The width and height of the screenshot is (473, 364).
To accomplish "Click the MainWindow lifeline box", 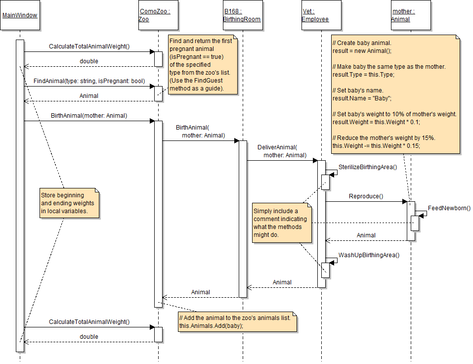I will coord(20,16).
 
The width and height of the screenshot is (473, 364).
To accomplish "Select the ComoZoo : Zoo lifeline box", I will coord(158,16).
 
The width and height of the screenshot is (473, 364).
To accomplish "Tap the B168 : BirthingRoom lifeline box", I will coord(242,16).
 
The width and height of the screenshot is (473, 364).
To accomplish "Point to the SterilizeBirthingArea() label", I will coord(368,167).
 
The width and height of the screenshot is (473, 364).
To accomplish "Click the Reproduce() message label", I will coord(366,196).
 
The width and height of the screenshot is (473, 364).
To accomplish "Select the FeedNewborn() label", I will coord(449,208).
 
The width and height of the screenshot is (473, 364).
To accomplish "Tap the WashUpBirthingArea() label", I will coord(369,255).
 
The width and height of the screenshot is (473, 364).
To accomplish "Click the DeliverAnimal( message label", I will coord(277,147).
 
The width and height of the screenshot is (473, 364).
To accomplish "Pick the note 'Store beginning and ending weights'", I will coord(69,203).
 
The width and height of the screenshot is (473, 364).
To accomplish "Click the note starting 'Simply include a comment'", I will coord(282,223).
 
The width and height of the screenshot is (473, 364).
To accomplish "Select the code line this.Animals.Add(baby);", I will coord(212,326).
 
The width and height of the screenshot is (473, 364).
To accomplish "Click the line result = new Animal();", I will coord(362,51).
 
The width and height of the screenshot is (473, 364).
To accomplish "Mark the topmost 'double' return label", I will coord(89,61).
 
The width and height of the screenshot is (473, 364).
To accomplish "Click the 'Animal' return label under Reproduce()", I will coord(366,235).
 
